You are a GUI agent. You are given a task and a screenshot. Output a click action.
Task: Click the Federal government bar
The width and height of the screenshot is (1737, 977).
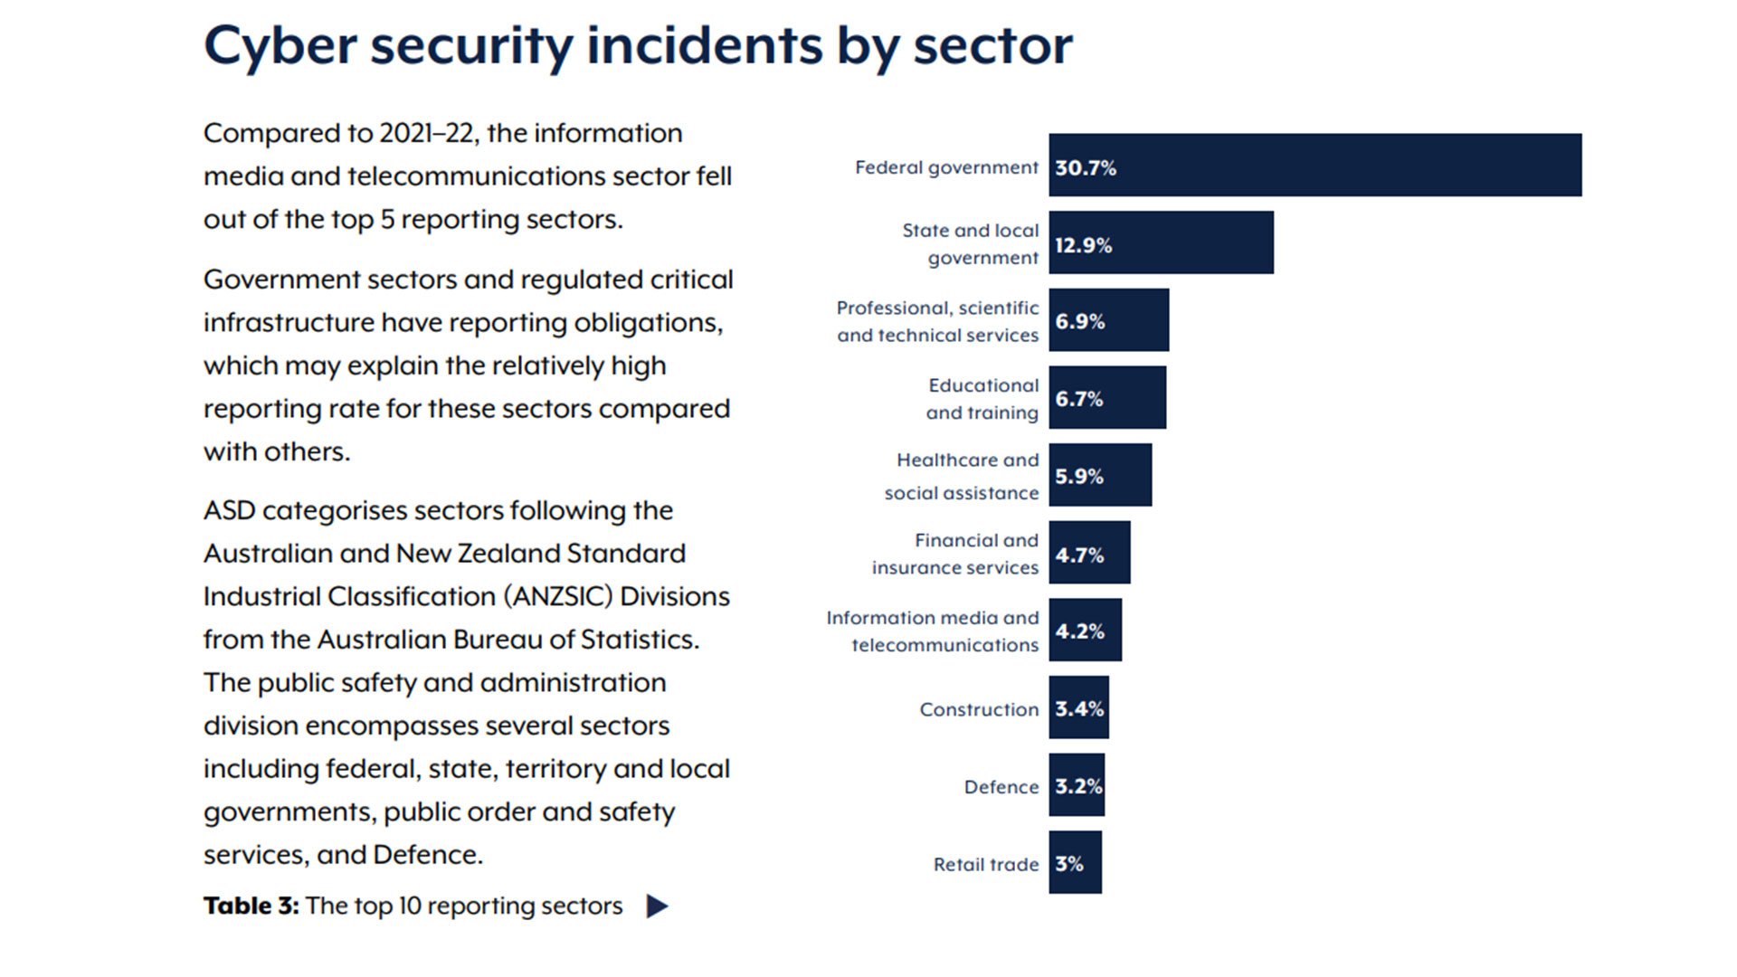click(1315, 165)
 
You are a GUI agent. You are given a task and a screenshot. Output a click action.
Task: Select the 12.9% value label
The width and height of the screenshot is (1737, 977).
click(1083, 245)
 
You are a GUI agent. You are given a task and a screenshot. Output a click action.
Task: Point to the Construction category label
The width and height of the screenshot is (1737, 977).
click(979, 709)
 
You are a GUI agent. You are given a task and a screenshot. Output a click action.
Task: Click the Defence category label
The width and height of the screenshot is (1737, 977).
click(1001, 787)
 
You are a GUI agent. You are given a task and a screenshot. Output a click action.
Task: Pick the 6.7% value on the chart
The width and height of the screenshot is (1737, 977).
click(1078, 399)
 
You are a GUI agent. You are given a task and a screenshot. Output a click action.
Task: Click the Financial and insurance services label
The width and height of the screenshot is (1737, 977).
click(955, 554)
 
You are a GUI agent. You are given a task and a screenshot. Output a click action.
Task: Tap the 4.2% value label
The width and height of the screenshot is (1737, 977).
click(1079, 631)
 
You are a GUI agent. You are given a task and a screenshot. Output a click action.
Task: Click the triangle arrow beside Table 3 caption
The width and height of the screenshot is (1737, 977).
click(658, 906)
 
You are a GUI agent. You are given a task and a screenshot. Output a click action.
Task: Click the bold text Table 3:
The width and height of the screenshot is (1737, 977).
click(251, 906)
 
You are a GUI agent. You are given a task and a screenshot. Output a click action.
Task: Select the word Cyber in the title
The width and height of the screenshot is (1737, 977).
click(280, 45)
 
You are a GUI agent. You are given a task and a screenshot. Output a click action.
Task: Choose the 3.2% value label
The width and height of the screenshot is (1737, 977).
click(1077, 786)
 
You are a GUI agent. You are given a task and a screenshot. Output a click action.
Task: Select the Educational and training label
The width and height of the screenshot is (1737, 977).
click(982, 399)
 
